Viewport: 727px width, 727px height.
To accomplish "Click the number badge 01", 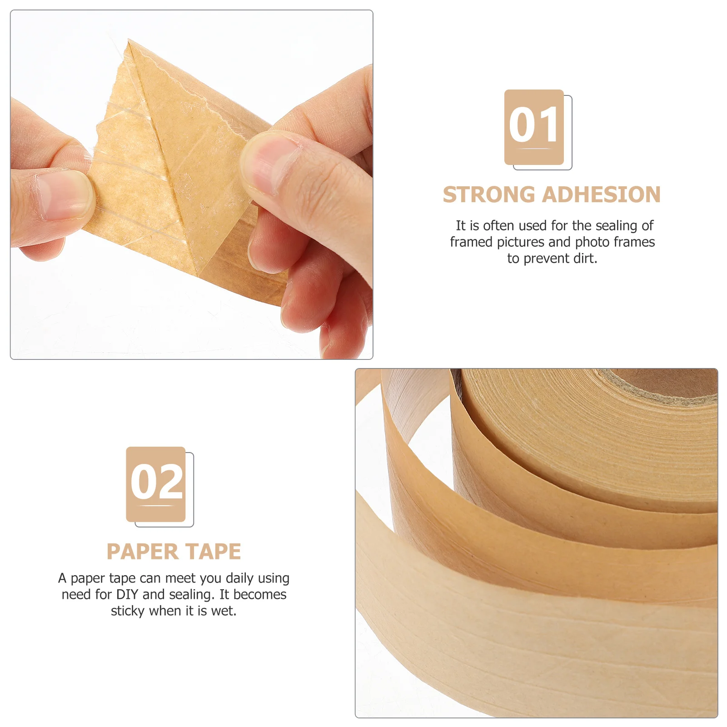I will (x=534, y=127).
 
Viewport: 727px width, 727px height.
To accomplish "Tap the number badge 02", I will (x=156, y=484).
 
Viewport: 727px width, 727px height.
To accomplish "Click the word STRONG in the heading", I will (x=489, y=195).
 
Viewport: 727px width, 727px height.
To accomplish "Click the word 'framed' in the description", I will (x=471, y=242).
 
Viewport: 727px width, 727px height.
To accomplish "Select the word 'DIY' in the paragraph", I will (x=127, y=594).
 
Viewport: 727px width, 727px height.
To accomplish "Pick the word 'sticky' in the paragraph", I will (x=128, y=611).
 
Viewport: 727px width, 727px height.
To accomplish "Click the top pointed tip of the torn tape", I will (x=129, y=42).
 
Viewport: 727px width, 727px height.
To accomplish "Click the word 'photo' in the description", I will (x=592, y=242).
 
